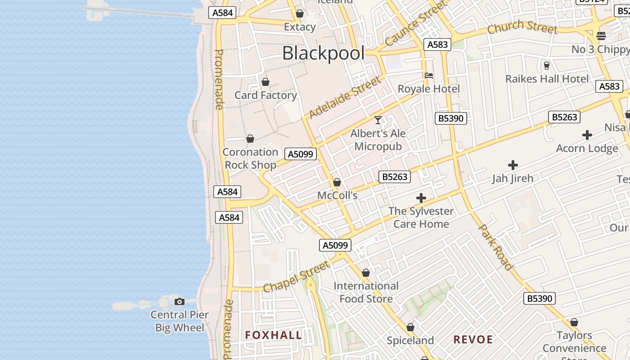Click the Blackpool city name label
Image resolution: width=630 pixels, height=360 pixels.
(323, 54)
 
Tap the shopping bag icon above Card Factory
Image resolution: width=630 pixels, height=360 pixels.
(265, 82)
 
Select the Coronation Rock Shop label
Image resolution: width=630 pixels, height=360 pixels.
(250, 158)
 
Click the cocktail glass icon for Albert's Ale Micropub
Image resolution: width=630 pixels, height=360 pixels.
(378, 120)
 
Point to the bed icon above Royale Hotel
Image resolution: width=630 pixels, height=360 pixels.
(429, 76)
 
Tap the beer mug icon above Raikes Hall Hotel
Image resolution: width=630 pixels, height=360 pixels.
(547, 66)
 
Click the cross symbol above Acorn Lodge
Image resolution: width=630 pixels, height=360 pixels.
(587, 135)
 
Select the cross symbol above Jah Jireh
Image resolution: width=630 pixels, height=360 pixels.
(513, 165)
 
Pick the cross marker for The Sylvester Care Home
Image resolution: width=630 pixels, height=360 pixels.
(421, 198)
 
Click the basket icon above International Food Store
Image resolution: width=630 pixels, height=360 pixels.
(366, 273)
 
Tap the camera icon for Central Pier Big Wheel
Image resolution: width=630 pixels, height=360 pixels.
(180, 301)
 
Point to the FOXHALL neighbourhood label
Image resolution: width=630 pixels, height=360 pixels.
(274, 335)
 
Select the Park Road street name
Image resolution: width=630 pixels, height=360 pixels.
(495, 247)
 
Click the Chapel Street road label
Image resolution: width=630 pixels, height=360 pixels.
(296, 278)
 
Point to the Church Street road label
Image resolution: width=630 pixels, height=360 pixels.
(522, 27)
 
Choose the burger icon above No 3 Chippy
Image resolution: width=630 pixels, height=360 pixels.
(601, 36)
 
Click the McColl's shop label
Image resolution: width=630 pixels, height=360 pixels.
(337, 195)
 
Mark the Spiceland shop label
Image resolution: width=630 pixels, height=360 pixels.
(410, 340)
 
